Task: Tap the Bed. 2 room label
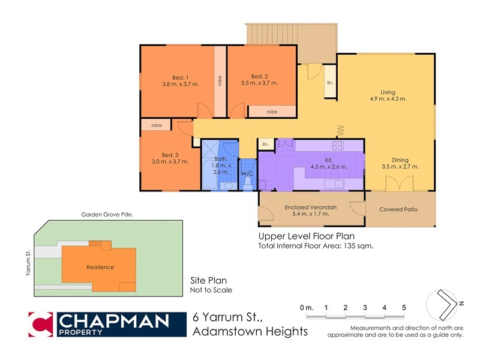coord(259,76)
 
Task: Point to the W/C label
coord(247,173)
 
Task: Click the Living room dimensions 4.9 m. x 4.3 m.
coord(388,99)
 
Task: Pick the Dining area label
coord(400,160)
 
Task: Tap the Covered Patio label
coord(398,209)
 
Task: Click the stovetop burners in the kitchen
coord(337,145)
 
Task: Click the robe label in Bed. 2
coord(272,112)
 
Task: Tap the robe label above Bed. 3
coord(157,125)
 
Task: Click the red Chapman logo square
coord(41,324)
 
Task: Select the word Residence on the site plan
coord(100,268)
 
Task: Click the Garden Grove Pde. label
coord(107,215)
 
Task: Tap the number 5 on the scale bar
coord(404,307)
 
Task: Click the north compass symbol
coord(444,304)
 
